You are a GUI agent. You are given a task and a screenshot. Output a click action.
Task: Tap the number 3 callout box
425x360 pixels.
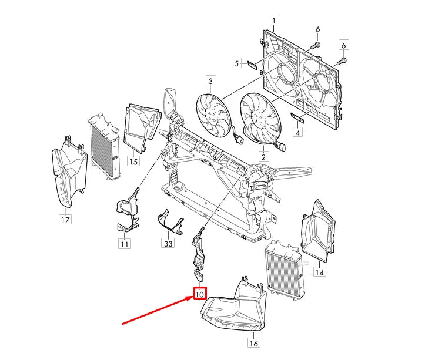tap(210, 80)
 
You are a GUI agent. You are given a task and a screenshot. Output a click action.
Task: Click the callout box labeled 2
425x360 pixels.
tap(263, 156)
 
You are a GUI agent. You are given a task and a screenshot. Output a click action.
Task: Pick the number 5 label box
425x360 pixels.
tap(236, 63)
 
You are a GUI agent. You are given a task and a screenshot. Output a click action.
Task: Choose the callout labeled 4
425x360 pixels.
tap(298, 133)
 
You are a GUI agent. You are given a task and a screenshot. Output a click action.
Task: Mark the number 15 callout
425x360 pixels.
tap(133, 160)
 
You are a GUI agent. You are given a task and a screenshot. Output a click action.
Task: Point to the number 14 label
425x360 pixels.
tap(319, 272)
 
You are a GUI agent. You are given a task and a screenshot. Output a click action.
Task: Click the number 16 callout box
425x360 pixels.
tap(253, 344)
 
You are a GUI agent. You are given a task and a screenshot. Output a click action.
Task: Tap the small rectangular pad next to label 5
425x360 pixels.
tap(251, 64)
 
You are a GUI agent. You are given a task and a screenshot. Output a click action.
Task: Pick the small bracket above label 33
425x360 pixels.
tap(168, 221)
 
